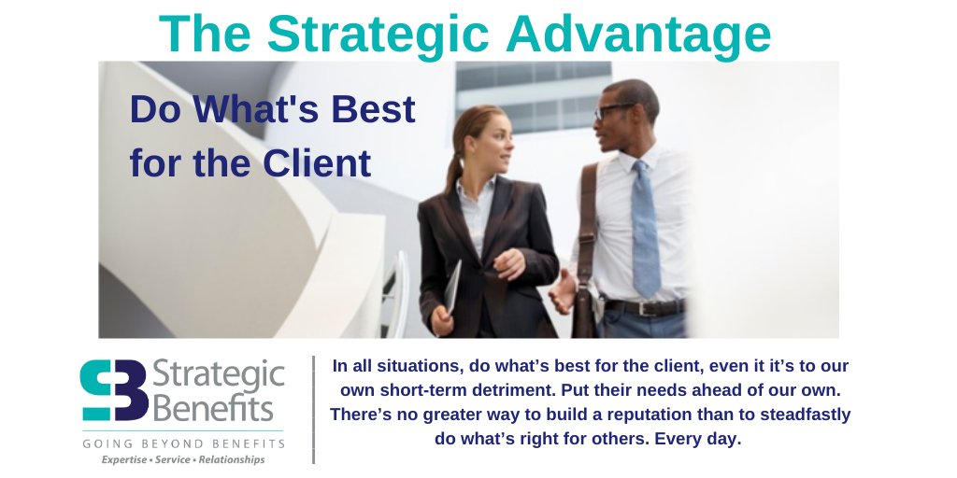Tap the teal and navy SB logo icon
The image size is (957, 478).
[113, 390]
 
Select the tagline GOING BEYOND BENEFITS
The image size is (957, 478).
[183, 443]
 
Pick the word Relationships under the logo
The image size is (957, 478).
[232, 459]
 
